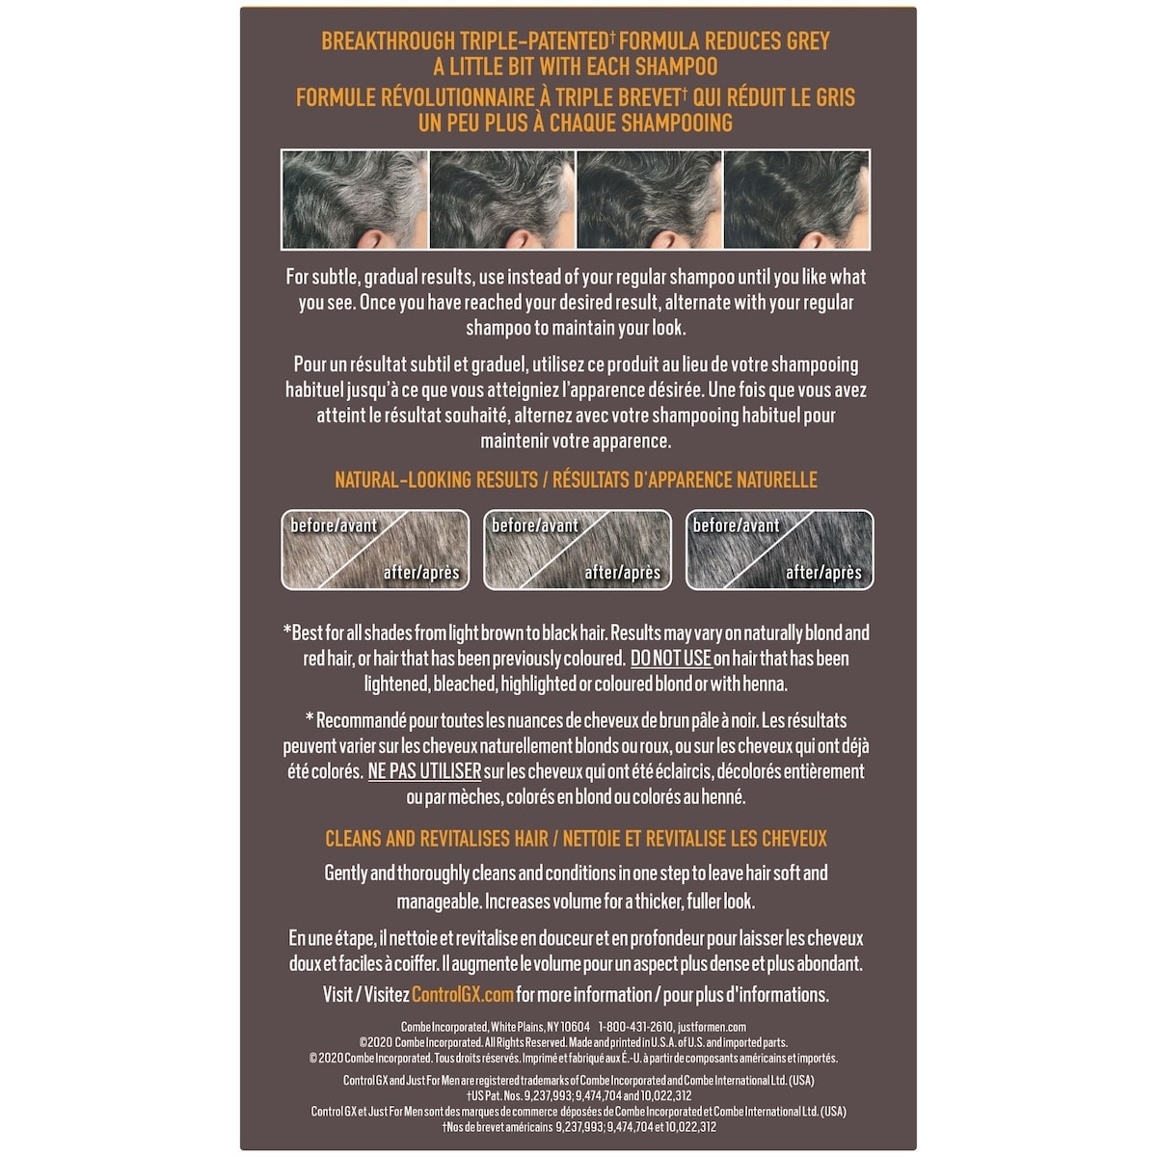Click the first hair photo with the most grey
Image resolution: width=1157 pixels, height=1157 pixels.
point(354,200)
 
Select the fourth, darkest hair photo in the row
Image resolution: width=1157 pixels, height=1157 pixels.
point(796,200)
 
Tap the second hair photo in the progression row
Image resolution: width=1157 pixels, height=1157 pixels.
point(501,200)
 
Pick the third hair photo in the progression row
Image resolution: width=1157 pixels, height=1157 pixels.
point(649,200)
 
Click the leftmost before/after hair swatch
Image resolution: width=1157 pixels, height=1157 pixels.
point(375,550)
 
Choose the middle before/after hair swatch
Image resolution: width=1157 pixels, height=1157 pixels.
point(577,550)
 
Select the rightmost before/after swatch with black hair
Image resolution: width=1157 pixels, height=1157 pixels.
point(779,550)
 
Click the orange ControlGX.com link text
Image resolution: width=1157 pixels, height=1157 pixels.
point(462,995)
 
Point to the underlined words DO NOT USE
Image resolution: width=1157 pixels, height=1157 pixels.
point(670,659)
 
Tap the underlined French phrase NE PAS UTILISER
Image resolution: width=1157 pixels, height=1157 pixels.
point(424,772)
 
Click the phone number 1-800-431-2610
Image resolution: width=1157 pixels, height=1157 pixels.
point(634,1028)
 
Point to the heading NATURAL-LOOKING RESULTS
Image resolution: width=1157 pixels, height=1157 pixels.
point(436,480)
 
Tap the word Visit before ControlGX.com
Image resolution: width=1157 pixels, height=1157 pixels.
point(337,995)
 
